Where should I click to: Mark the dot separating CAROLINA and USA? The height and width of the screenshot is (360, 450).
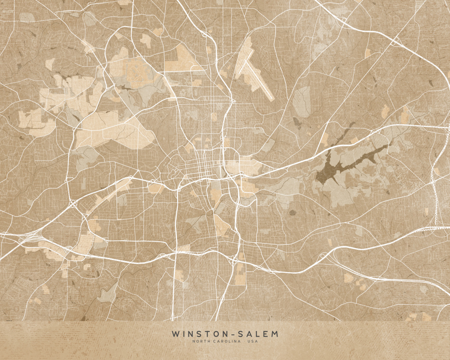[247, 341]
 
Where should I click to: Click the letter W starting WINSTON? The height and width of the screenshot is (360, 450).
[174, 334]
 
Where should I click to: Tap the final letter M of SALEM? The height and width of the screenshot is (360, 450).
[275, 334]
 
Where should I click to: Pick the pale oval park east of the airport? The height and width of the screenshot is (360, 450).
[301, 101]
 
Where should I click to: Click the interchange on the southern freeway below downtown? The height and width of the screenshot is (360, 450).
[234, 260]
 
